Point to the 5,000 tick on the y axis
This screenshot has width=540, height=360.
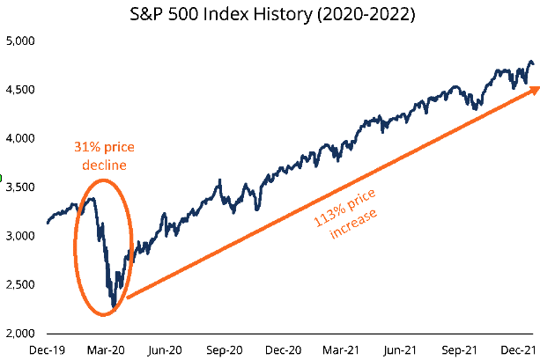coord(18,41)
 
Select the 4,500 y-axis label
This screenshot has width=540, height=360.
coord(18,90)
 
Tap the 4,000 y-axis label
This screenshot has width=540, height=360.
coord(18,139)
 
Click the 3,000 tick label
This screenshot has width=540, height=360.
coord(18,237)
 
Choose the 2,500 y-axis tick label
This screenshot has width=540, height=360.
coord(18,285)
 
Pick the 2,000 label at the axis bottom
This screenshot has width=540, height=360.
coord(18,334)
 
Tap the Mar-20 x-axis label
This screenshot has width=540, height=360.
coord(106,349)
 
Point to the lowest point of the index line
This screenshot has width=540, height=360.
coord(114,309)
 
